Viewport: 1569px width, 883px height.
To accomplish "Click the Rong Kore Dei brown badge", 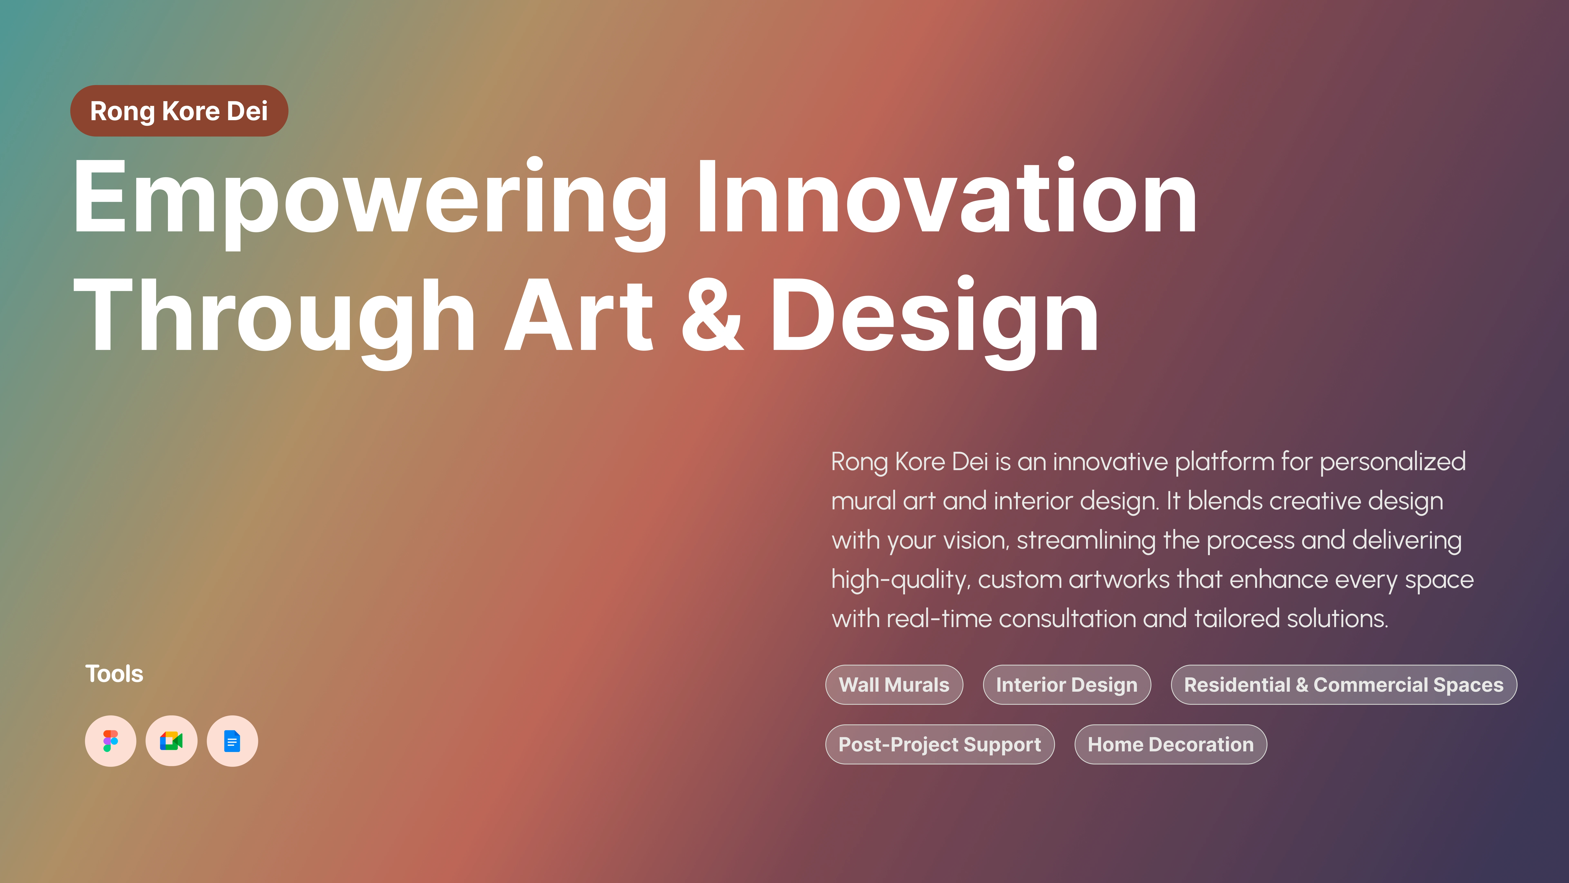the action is coord(179,111).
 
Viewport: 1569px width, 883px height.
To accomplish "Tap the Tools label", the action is coord(114,674).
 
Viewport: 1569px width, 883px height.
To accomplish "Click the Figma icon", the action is coord(110,741).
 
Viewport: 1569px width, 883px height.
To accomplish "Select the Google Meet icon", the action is coord(171,741).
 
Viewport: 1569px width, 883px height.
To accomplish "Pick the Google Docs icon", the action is coord(232,741).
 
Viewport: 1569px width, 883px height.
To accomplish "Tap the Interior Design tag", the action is coord(1066,685).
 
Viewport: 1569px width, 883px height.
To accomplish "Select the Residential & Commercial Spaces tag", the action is coord(1344,685).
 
